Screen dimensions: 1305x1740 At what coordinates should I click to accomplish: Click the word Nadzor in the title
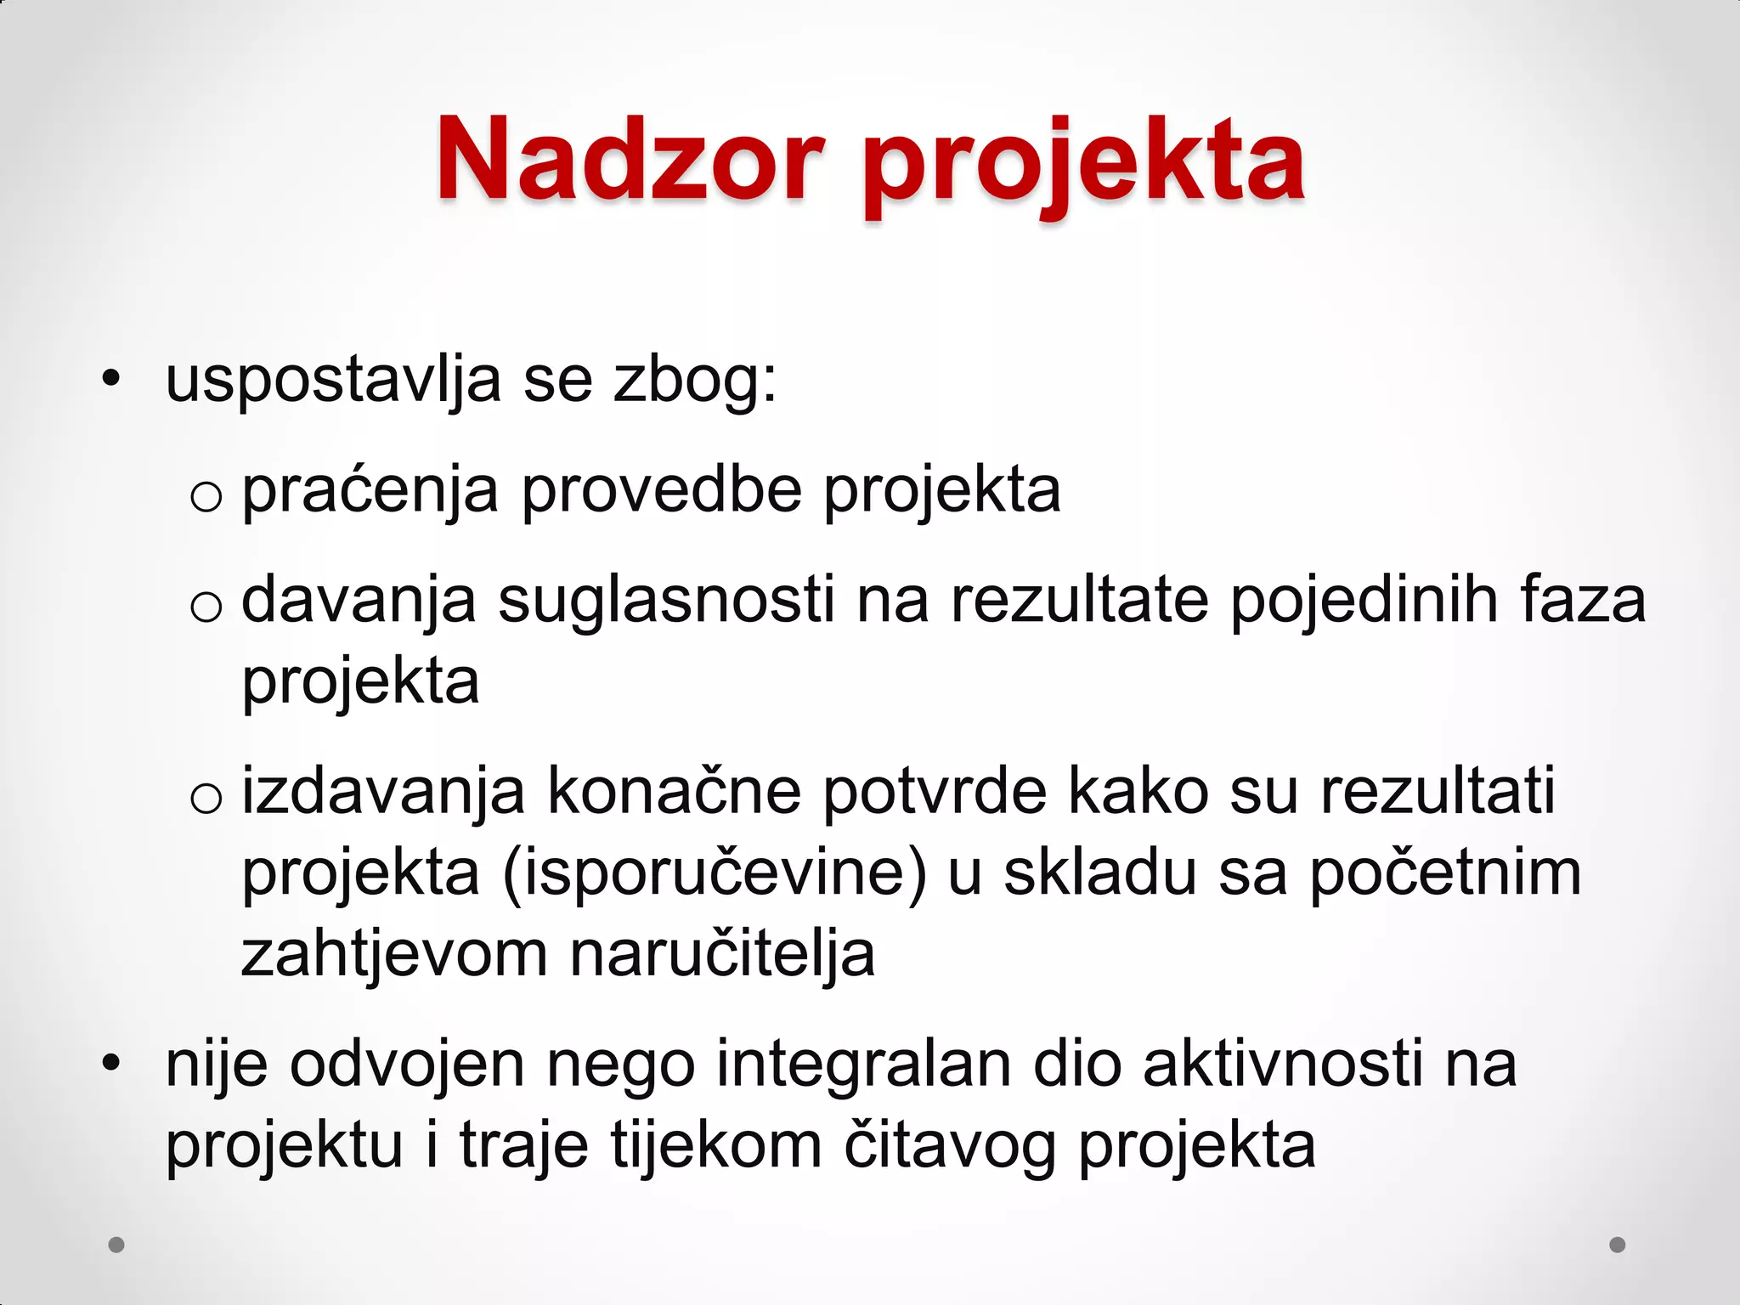click(630, 161)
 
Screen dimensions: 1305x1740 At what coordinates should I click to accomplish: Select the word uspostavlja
click(333, 381)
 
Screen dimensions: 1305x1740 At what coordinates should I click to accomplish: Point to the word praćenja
click(370, 492)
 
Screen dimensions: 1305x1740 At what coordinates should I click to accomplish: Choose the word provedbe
click(662, 492)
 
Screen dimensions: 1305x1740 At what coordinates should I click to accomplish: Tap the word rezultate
click(1079, 601)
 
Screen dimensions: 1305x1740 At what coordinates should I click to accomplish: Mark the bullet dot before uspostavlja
click(111, 380)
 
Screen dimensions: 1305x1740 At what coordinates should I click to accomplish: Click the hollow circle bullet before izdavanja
click(206, 799)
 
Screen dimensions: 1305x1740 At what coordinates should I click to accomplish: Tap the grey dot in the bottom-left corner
click(116, 1245)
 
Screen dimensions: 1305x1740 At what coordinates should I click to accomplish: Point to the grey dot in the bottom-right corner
click(1618, 1245)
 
